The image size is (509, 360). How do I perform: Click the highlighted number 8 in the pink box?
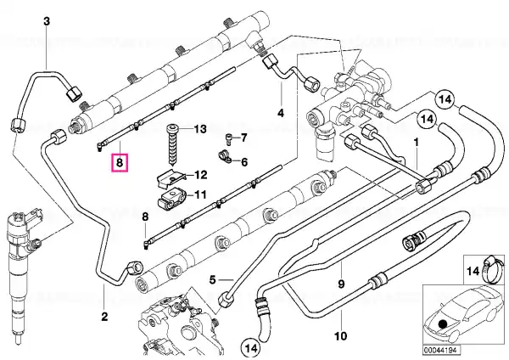point(120,162)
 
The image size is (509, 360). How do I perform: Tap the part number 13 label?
point(200,129)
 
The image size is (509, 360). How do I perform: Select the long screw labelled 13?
point(171,144)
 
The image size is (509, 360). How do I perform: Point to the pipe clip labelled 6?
point(224,156)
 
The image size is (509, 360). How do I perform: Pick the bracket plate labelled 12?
point(171,179)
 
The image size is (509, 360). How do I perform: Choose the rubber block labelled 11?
point(171,200)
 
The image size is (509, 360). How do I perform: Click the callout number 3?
point(47,21)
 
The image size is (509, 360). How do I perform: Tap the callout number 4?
point(281,113)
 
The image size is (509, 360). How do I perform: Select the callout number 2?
point(104,316)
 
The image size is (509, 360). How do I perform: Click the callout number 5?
point(213,279)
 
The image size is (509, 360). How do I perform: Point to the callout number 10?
point(340,335)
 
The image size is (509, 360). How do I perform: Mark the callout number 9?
point(341,284)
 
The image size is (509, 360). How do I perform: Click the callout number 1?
point(417,143)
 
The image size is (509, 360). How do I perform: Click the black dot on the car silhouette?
point(442,324)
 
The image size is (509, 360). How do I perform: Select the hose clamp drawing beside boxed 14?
point(492,269)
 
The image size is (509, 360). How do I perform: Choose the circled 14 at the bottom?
point(251,348)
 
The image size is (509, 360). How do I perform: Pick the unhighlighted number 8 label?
point(145,217)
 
